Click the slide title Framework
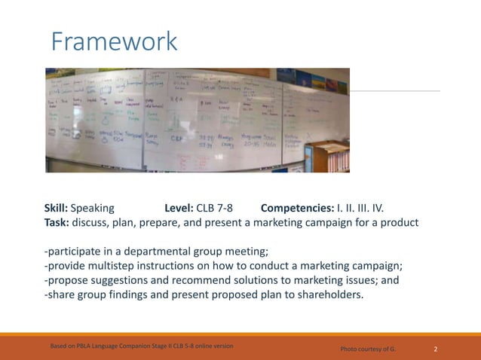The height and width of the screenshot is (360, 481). click(x=114, y=41)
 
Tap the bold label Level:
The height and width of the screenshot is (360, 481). click(x=179, y=208)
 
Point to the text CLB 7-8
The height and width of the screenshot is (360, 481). click(x=214, y=208)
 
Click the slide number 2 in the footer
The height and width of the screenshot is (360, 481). click(x=436, y=349)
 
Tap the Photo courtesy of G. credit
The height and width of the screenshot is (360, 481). click(x=368, y=349)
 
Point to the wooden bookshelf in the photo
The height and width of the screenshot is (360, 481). click(x=331, y=154)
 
